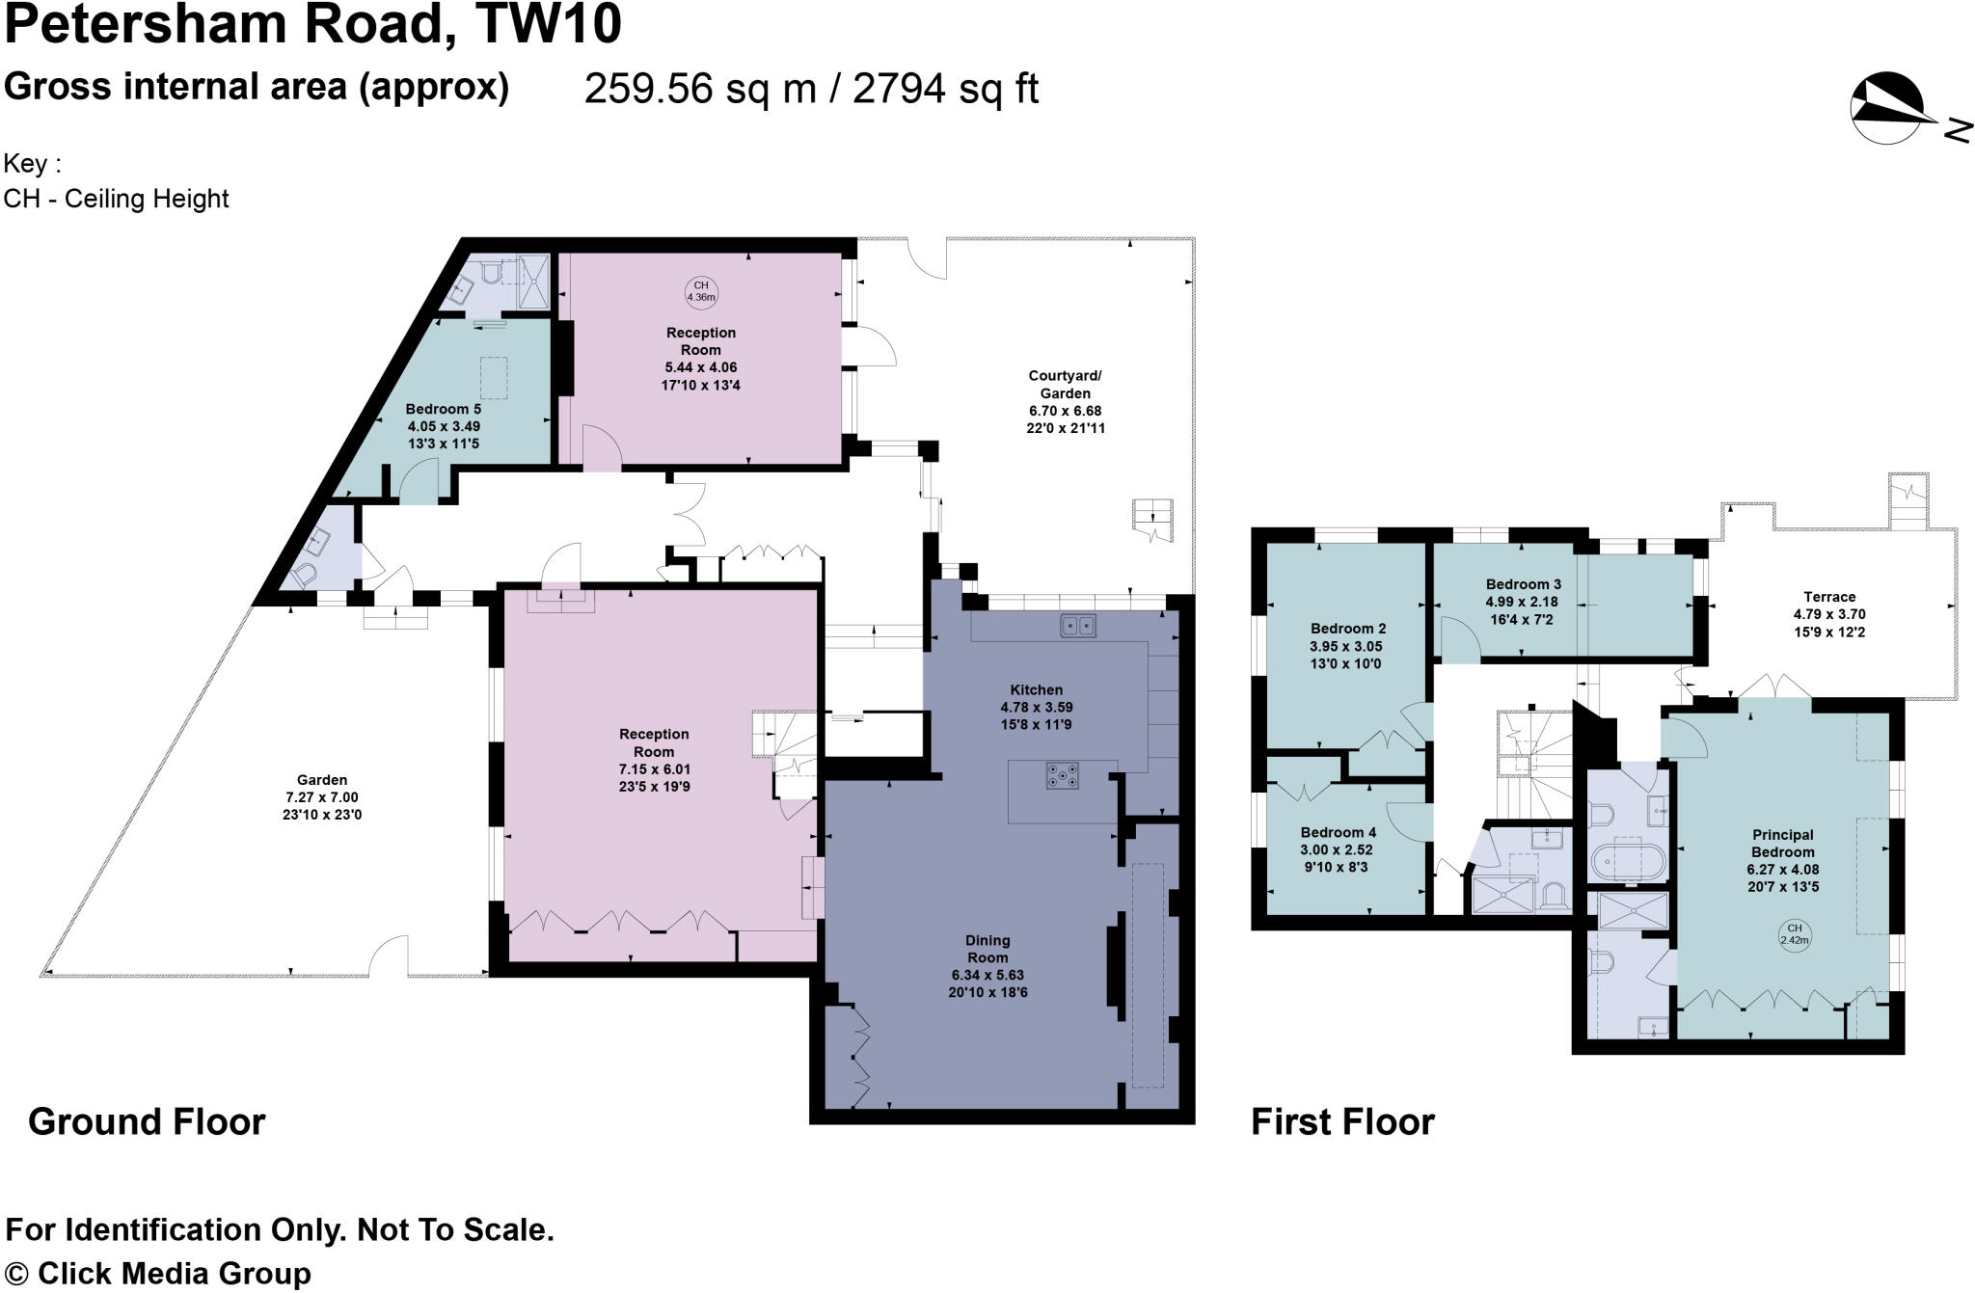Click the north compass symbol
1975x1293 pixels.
pyautogui.click(x=1887, y=109)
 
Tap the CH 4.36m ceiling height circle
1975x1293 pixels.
pyautogui.click(x=701, y=291)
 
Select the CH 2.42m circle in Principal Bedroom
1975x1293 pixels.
pyautogui.click(x=1794, y=934)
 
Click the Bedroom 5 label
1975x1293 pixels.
pyautogui.click(x=443, y=409)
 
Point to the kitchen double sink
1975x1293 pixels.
pyautogui.click(x=1078, y=626)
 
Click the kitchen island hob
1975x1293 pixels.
pyautogui.click(x=1062, y=775)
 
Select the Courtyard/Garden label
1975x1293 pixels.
pyautogui.click(x=1065, y=385)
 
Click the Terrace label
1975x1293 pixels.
pyautogui.click(x=1829, y=597)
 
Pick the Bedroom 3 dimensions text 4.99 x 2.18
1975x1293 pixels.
pyautogui.click(x=1523, y=602)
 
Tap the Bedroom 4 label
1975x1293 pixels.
pyautogui.click(x=1338, y=832)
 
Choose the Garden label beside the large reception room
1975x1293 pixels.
pyautogui.click(x=322, y=780)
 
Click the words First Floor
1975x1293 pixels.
pyautogui.click(x=1342, y=1122)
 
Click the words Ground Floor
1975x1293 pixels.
pyautogui.click(x=147, y=1122)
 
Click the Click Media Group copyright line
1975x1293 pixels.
pyautogui.click(x=158, y=1273)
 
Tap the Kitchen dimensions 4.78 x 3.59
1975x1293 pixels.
pyautogui.click(x=1036, y=707)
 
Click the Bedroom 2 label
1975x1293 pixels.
pyautogui.click(x=1347, y=629)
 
